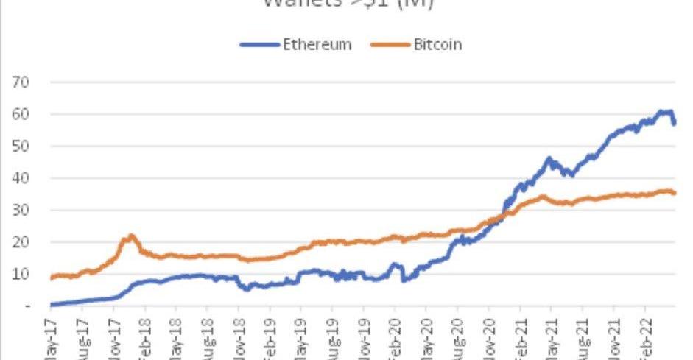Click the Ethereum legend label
317,45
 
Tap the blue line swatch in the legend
260,45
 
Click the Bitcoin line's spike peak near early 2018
131,236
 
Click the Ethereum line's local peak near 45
549,158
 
